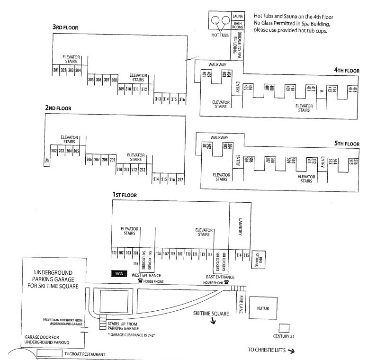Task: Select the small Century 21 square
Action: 284,328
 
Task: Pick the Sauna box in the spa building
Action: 238,16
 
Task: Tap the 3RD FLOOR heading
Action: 65,27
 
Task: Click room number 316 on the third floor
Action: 182,99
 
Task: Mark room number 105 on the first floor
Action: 135,263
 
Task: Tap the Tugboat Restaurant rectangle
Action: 50,353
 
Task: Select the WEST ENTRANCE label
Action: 146,275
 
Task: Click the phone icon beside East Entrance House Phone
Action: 226,282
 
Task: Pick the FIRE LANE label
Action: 240,303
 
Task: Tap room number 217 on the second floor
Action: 180,180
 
